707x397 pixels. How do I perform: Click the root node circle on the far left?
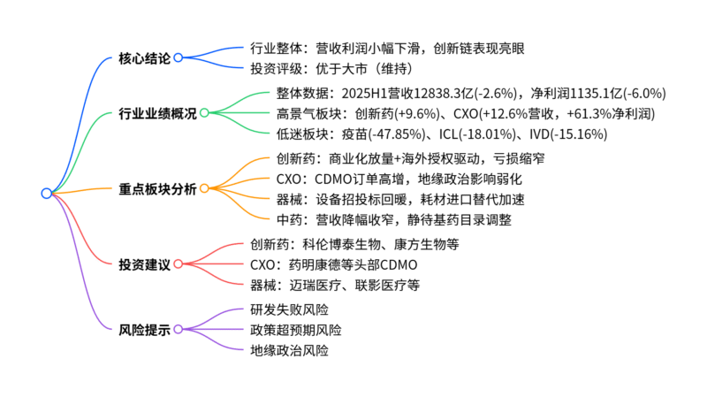46,194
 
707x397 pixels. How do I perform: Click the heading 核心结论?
144,58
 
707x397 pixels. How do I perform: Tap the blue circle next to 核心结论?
178,58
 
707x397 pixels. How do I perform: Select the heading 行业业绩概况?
157,113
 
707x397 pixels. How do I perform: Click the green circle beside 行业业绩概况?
204,113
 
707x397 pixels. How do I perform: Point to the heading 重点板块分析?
157,188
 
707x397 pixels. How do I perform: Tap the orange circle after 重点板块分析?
204,188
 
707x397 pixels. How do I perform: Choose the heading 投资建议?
144,263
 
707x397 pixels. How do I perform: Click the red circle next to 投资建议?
178,263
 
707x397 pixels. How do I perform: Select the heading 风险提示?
144,329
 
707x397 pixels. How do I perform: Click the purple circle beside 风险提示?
178,329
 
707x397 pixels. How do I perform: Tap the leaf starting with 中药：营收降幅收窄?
381,220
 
